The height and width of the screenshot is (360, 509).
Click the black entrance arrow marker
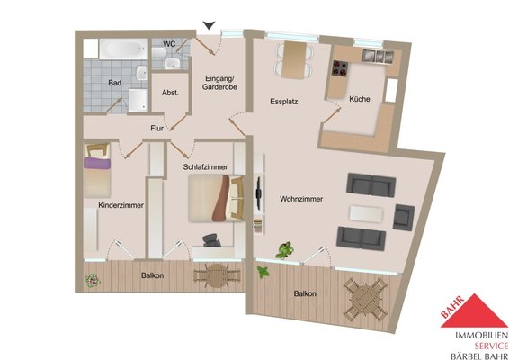(209, 25)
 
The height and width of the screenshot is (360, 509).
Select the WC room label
(169, 44)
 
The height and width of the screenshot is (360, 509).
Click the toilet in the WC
(159, 52)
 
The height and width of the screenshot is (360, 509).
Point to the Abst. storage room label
(170, 93)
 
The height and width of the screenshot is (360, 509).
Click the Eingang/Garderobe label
(219, 83)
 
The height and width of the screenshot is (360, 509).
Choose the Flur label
(156, 129)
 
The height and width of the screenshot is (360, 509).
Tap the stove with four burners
(340, 69)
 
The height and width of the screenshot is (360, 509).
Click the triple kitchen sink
(378, 56)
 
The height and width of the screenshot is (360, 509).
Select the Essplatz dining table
(294, 60)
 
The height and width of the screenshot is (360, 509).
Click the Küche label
(360, 99)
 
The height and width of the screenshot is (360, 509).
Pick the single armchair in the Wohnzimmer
(404, 218)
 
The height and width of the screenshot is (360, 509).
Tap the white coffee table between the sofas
(366, 214)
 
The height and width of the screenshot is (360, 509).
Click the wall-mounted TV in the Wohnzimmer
(259, 193)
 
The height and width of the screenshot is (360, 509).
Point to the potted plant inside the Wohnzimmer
(285, 250)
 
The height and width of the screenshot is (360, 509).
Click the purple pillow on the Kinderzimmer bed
(97, 163)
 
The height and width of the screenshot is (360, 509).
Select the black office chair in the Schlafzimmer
(212, 240)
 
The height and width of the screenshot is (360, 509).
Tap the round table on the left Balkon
(217, 275)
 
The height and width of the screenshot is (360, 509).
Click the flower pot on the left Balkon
(93, 280)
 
